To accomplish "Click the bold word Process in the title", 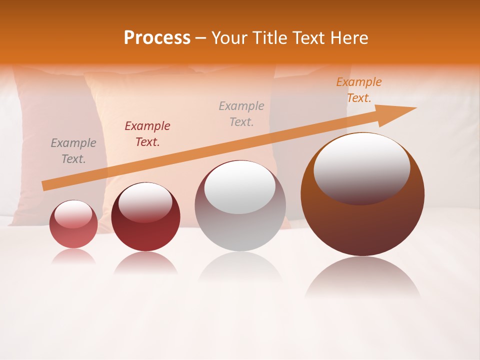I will (157, 38).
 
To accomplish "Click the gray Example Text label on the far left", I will (73, 151).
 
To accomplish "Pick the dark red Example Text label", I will (147, 134).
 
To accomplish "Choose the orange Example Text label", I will (359, 90).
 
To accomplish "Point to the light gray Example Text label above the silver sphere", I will (241, 113).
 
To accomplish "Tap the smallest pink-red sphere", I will (73, 232).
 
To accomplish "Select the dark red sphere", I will (145, 232).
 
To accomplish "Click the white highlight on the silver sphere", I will (240, 186).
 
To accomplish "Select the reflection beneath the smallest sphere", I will (73, 256).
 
